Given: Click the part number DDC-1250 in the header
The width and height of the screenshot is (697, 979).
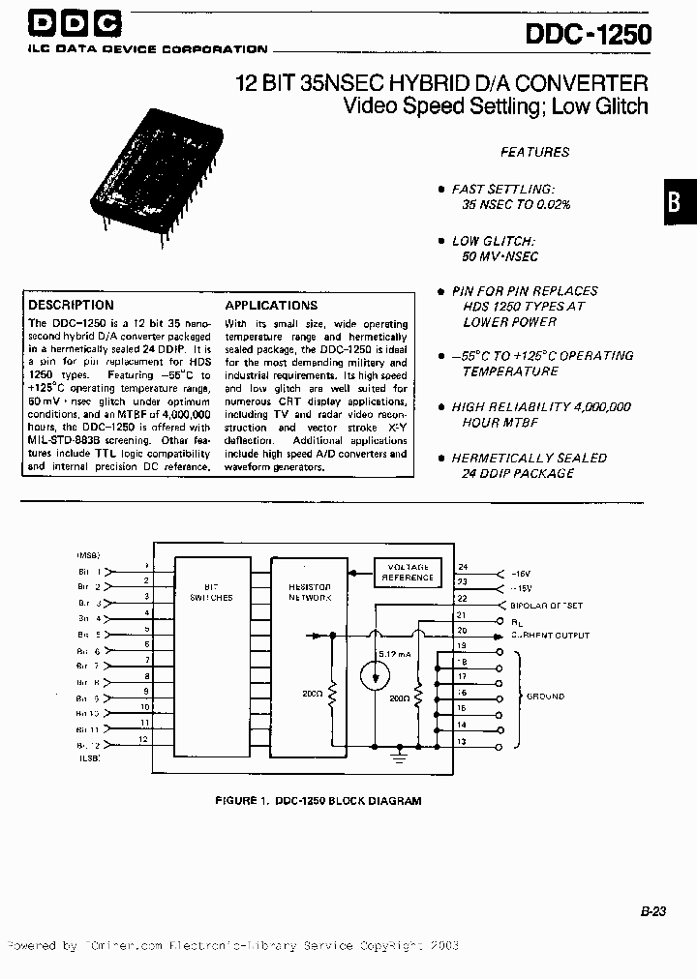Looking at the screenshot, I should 588,36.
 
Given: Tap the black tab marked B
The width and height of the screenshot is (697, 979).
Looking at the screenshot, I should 680,203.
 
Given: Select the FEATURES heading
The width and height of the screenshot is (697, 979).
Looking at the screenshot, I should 534,152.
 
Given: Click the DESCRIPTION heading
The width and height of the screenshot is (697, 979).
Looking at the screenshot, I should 71,305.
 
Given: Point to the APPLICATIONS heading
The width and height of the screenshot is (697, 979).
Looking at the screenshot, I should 271,305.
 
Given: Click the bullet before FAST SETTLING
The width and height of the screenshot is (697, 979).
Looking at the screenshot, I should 441,190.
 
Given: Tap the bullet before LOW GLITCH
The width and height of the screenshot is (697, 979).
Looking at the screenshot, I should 441,241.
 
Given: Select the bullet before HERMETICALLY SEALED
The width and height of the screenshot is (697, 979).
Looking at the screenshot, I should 441,458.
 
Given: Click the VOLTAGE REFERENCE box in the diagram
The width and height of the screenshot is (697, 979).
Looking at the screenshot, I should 408,572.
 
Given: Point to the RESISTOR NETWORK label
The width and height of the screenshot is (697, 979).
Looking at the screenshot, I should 309,592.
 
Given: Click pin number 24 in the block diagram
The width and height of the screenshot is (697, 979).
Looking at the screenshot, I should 462,567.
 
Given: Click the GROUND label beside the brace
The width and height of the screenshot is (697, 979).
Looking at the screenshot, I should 545,697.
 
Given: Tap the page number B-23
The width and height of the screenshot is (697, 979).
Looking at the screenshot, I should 653,910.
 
